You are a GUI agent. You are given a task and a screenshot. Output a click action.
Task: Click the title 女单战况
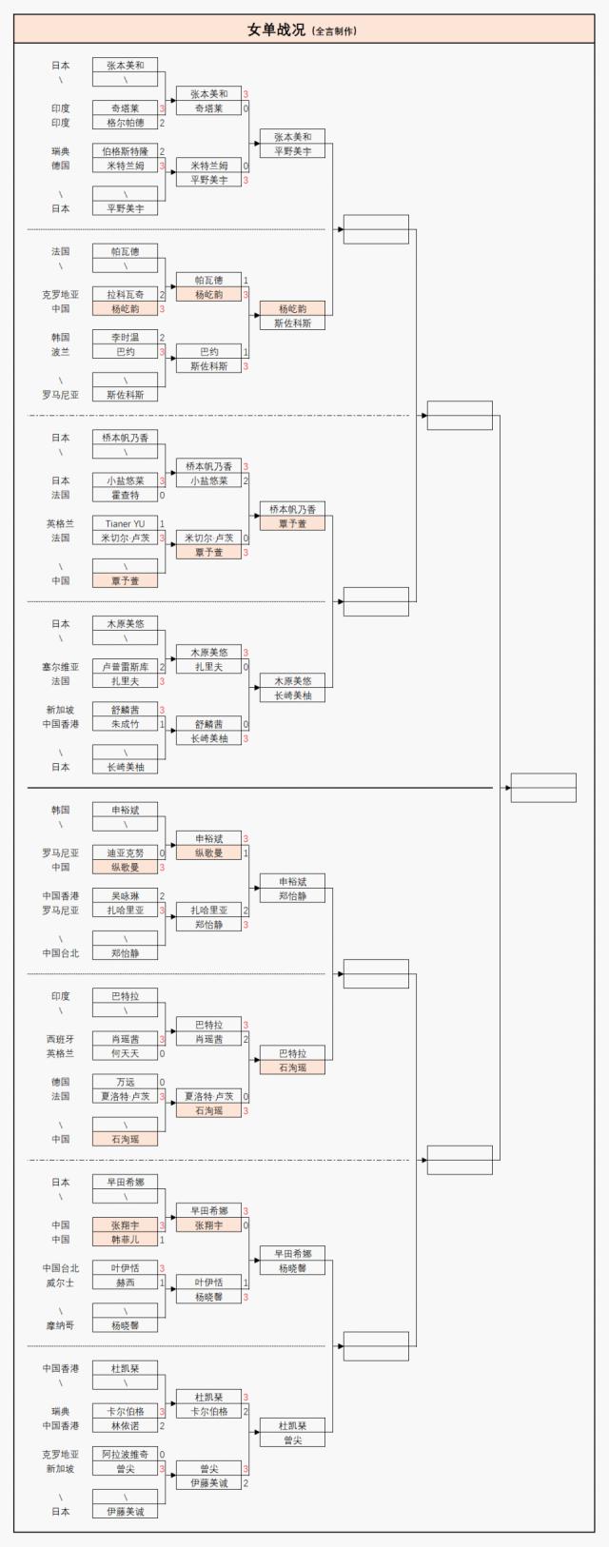[x=276, y=30]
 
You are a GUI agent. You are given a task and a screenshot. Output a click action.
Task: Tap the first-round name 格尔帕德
[x=125, y=123]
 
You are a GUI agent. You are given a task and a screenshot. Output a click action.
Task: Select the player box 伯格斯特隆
[x=125, y=151]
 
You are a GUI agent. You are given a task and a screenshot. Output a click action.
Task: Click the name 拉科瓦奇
[x=125, y=295]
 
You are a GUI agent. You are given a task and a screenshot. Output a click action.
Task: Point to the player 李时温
[x=125, y=338]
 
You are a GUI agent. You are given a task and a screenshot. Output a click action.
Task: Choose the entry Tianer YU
[x=125, y=524]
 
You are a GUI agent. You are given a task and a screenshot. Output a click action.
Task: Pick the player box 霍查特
[x=125, y=496]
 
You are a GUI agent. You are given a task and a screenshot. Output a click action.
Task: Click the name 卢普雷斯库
[x=125, y=667]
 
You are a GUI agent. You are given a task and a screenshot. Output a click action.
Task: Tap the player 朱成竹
[x=125, y=725]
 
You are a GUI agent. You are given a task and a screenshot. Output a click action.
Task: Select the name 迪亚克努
[x=125, y=853]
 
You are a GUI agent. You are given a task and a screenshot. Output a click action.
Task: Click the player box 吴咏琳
[x=125, y=896]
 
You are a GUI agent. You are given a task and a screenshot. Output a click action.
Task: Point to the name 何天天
[x=125, y=1053]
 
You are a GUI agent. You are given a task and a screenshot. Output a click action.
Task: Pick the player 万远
[x=125, y=1082]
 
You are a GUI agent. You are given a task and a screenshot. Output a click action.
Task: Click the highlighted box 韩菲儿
[x=125, y=1240]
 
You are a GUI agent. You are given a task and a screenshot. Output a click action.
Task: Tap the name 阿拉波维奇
[x=125, y=1455]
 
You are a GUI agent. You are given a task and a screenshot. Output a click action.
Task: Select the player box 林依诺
[x=125, y=1426]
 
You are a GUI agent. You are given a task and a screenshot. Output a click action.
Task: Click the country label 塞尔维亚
[x=60, y=667]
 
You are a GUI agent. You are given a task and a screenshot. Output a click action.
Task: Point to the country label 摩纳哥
[x=60, y=1325]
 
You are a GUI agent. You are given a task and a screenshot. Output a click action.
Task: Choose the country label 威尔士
[x=60, y=1283]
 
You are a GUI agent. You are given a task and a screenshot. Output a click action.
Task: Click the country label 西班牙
[x=60, y=1039]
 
